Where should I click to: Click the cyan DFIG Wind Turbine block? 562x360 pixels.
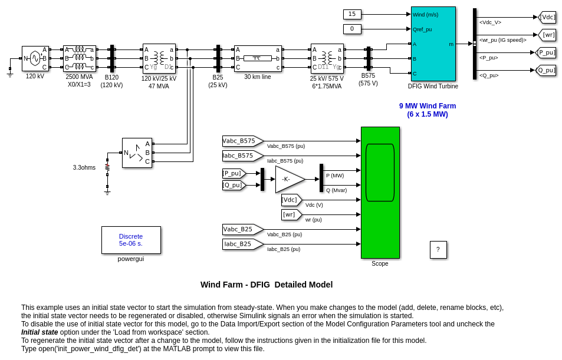click(433, 44)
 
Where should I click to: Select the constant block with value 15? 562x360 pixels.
click(352, 14)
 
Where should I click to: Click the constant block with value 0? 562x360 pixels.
click(352, 29)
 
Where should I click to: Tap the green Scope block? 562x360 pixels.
click(380, 192)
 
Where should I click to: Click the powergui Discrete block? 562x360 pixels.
click(131, 240)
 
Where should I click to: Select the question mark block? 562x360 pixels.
click(438, 249)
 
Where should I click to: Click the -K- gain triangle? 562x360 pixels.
click(288, 179)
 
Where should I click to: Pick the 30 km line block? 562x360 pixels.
click(258, 58)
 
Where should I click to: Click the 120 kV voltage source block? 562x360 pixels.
click(35, 58)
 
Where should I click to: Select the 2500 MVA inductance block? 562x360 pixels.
click(79, 58)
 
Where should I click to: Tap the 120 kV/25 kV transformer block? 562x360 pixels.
click(159, 58)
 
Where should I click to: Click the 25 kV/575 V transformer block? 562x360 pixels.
click(327, 58)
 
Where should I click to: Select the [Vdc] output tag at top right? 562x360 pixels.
click(547, 17)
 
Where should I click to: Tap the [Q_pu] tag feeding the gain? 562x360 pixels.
click(233, 185)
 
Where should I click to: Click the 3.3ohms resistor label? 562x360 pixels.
click(84, 167)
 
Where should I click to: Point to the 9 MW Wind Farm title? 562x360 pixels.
click(427, 110)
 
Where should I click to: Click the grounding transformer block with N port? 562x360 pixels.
click(137, 153)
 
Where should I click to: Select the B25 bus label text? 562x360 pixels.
click(218, 77)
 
